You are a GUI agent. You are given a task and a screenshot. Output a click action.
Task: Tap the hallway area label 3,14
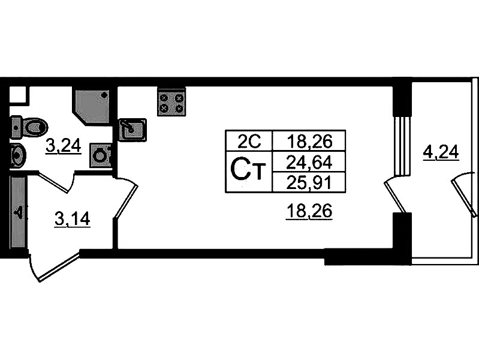pos(73,218)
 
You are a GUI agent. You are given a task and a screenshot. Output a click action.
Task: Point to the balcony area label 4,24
pos(441,152)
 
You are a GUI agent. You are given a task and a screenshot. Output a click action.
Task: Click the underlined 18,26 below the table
pos(309,211)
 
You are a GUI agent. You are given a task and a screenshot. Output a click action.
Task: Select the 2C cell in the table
pos(249,141)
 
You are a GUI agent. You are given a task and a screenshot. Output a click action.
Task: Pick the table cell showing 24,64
pos(309,162)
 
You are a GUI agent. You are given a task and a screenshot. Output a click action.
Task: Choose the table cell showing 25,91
pos(309,182)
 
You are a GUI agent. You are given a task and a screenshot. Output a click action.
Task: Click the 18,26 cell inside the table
pos(309,141)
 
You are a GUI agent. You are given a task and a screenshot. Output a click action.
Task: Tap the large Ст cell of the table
pos(249,172)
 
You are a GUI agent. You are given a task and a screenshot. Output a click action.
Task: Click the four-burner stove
pos(171,102)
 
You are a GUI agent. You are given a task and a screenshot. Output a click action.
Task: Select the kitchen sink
pos(132,130)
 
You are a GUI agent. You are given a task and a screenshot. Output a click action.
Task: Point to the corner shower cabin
pos(92,106)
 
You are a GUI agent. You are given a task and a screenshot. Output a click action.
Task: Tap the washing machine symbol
pos(100,155)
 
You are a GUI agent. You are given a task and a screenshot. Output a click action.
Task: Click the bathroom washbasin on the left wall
pos(18,155)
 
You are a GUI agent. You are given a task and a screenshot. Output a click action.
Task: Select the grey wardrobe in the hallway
pos(17,212)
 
